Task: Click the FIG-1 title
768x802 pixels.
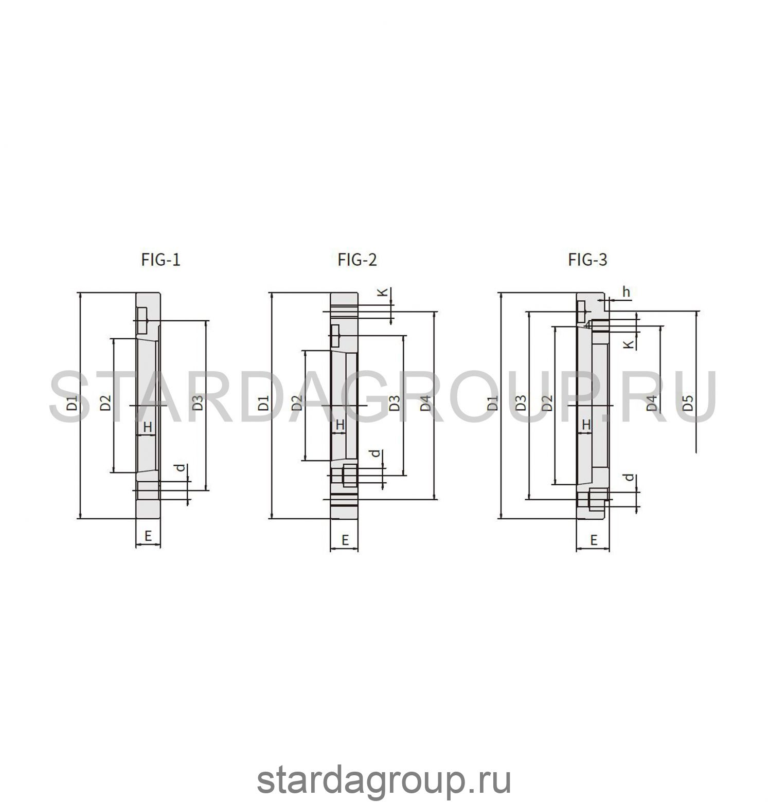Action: pyautogui.click(x=161, y=260)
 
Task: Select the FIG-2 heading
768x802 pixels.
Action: pyautogui.click(x=358, y=260)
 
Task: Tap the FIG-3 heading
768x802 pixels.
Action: pyautogui.click(x=587, y=260)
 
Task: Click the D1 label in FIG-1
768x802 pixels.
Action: pyautogui.click(x=73, y=402)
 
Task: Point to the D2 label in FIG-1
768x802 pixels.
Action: pyautogui.click(x=105, y=402)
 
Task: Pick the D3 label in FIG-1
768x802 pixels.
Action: pyautogui.click(x=198, y=402)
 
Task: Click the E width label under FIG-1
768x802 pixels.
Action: pyautogui.click(x=148, y=536)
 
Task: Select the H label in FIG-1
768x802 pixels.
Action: pyautogui.click(x=148, y=426)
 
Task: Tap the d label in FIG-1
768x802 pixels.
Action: pyautogui.click(x=180, y=468)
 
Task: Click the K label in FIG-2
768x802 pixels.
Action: pyautogui.click(x=382, y=292)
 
